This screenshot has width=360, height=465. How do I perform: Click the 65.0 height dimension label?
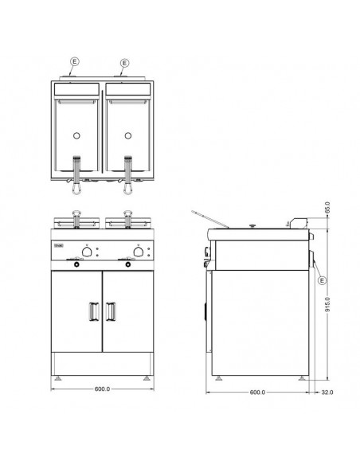[x=327, y=208]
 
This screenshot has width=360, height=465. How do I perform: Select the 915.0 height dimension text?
[x=327, y=304]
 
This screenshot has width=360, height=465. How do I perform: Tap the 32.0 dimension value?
[x=327, y=393]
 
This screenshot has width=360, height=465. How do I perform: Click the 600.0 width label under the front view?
[x=102, y=389]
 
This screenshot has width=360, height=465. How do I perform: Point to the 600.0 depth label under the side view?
[x=257, y=393]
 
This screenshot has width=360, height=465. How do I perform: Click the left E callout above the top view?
[x=75, y=61]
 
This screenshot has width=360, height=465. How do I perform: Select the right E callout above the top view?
[x=124, y=63]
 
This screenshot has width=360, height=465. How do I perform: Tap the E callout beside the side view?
[x=322, y=280]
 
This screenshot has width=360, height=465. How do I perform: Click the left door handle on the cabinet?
[x=94, y=311]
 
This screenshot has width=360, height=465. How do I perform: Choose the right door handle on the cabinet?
[x=111, y=311]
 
